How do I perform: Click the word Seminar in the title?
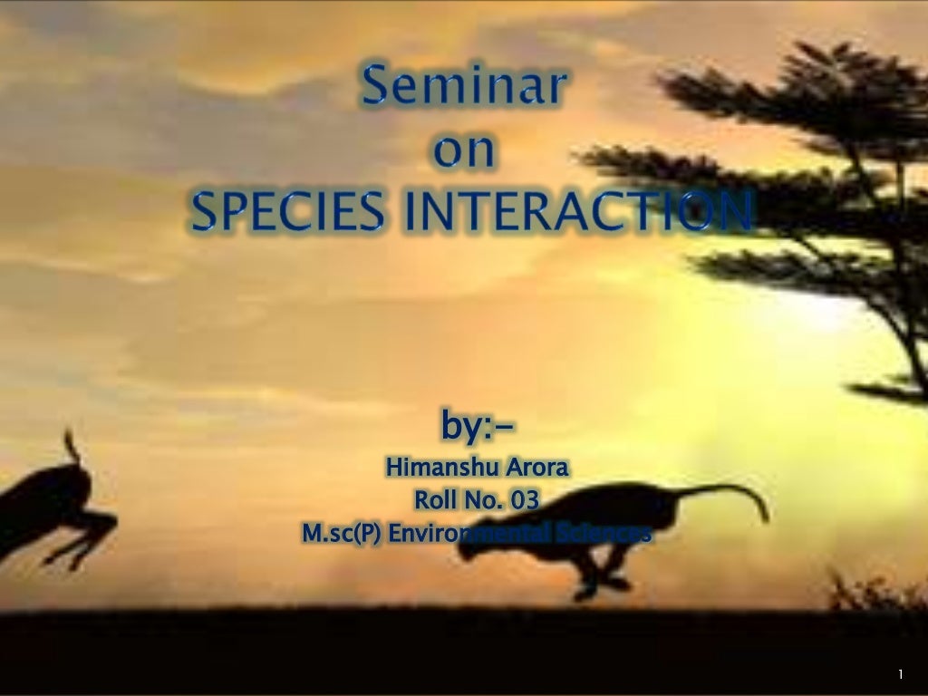coord(465,91)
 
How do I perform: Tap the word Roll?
coord(434,500)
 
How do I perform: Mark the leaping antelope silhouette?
coord(50,507)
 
